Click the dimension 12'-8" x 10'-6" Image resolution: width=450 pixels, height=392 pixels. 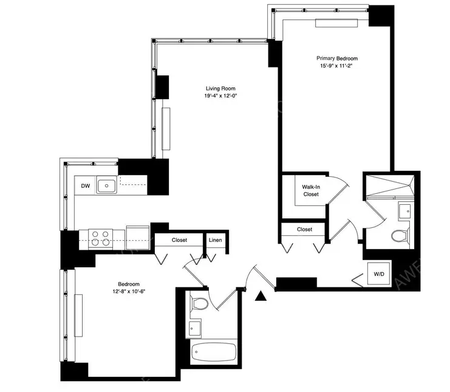click(x=129, y=291)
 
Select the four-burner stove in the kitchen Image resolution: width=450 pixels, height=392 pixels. click(x=100, y=237)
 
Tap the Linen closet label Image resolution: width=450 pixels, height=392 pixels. click(x=216, y=241)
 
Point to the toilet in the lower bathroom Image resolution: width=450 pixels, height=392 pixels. click(x=199, y=304)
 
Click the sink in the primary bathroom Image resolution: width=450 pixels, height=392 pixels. click(x=404, y=211)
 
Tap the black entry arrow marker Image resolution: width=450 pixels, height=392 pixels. click(x=261, y=296)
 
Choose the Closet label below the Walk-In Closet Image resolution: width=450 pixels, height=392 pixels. click(x=305, y=229)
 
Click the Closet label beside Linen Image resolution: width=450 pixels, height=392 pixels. click(x=179, y=241)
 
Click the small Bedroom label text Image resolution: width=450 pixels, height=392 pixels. click(x=129, y=284)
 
